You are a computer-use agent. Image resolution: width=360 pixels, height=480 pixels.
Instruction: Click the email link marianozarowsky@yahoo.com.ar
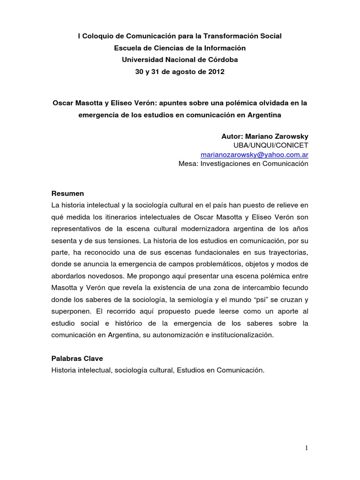254,154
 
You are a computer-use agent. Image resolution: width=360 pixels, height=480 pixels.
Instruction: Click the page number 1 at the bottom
307,448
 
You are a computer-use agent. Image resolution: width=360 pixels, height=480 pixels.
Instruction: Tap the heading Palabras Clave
77,358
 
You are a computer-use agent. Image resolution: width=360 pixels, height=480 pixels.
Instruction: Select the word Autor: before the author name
232,135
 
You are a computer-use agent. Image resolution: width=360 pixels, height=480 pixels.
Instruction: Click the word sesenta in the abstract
65,241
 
